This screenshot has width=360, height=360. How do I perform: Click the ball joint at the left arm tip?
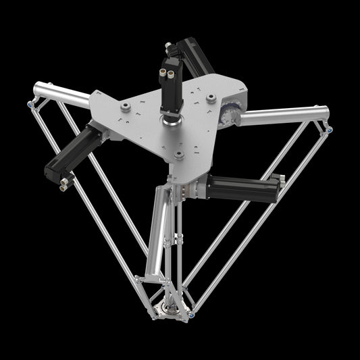click(30, 103)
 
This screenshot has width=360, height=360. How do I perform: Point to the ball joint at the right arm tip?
click(328, 128)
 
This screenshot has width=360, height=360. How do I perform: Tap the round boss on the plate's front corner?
click(178, 155)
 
